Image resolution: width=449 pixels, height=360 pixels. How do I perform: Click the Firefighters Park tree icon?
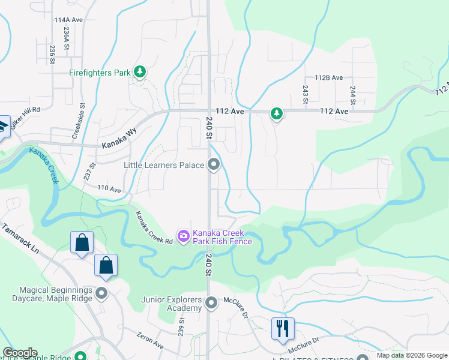[140, 73]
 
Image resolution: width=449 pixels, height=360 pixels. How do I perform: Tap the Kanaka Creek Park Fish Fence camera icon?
[183, 235]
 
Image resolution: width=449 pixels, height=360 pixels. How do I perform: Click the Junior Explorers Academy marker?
[211, 304]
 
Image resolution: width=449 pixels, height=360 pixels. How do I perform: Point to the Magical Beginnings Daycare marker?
[101, 293]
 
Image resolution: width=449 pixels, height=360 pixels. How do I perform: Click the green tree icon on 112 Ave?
[276, 112]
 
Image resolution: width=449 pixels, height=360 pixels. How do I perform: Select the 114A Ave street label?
[68, 20]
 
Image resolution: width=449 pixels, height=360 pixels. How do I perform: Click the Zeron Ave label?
[149, 341]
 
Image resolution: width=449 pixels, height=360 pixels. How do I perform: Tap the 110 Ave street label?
[110, 188]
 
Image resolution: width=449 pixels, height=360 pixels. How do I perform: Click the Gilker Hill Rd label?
[25, 110]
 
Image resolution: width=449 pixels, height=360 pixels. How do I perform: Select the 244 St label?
[353, 94]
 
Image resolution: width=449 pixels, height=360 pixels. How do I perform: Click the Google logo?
[20, 353]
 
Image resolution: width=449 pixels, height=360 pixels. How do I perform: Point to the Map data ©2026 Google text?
[412, 355]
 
